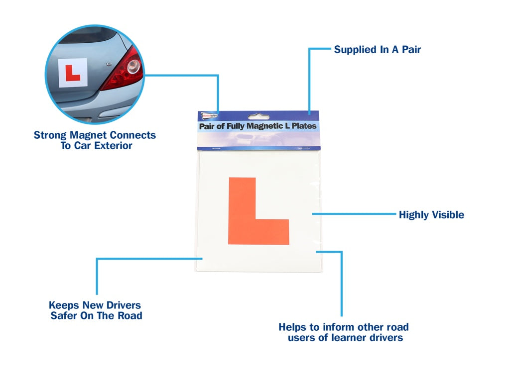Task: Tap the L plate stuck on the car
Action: point(73,73)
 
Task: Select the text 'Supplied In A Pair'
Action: point(377,50)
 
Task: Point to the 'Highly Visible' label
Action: point(431,215)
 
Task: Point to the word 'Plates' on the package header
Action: point(303,126)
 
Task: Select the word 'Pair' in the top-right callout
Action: point(410,50)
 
